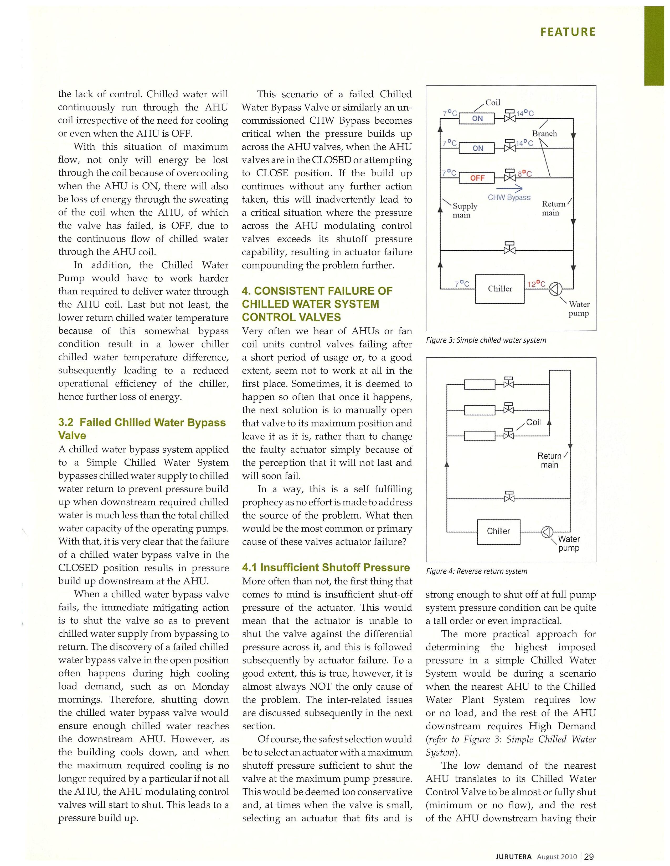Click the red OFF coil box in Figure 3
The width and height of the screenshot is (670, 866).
point(477,178)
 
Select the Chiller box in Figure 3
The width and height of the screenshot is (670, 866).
point(500,289)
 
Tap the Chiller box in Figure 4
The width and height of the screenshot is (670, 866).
point(498,531)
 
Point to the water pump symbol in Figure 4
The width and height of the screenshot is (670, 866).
point(547,532)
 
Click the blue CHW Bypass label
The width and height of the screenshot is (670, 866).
point(509,197)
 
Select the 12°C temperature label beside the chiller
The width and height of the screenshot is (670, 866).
point(536,284)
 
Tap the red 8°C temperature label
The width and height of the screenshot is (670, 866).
point(524,174)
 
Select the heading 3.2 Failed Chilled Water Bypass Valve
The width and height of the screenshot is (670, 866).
point(142,429)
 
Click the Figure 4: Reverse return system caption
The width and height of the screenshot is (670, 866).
point(476,571)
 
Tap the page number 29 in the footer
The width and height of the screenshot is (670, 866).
point(589,857)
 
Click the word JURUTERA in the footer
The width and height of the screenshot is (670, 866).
point(513,857)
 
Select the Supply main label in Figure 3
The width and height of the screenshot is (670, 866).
point(464,210)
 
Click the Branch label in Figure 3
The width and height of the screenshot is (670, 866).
point(544,134)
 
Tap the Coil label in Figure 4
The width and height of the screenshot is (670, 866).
point(533,422)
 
